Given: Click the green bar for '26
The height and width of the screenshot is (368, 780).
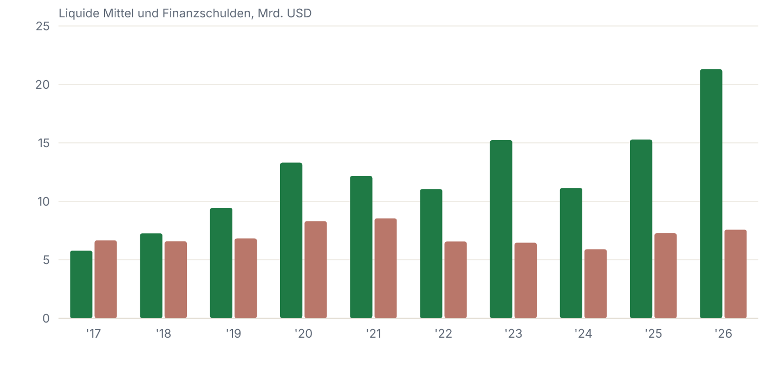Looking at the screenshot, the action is click(711, 194).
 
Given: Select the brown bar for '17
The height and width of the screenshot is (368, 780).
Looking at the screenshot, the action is click(106, 279).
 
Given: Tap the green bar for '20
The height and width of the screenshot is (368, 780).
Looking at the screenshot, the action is click(291, 240).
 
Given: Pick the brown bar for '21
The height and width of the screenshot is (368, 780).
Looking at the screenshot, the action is click(386, 268).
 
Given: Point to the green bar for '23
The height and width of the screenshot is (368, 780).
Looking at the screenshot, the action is click(501, 229).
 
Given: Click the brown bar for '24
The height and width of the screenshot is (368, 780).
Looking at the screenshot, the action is click(595, 284).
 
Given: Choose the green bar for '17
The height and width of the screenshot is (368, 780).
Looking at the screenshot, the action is click(81, 285).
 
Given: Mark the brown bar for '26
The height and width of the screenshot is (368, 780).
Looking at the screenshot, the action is click(736, 274).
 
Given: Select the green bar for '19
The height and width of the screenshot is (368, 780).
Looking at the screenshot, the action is click(221, 263).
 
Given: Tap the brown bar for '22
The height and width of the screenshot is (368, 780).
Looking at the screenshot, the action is click(456, 280).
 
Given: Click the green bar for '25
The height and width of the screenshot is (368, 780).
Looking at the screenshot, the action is click(641, 229).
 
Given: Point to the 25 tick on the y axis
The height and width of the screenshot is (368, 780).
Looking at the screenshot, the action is click(43, 27).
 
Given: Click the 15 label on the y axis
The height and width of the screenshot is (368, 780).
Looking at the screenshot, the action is click(43, 143).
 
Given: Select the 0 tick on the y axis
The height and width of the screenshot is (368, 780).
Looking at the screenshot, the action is click(46, 319).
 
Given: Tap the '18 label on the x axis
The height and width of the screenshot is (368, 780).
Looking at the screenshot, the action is click(164, 334).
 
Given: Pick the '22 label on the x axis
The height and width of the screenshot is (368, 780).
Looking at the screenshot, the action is click(443, 334).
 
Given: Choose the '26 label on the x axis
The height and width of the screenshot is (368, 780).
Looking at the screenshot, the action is click(723, 334).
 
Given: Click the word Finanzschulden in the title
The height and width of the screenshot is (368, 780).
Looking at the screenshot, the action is click(208, 14).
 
